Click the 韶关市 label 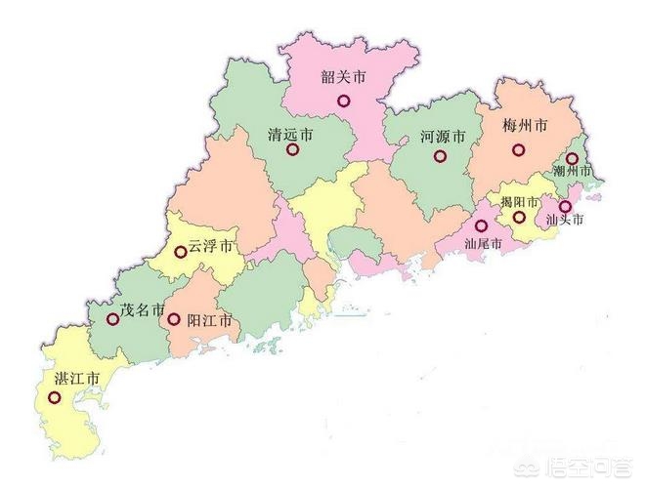coord(343,76)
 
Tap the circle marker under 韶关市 coord(343,100)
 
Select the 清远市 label coord(290,137)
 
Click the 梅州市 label coord(525,127)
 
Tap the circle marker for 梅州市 coord(518,150)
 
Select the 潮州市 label coord(573,171)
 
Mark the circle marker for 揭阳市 coord(519,217)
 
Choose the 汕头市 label coord(564,221)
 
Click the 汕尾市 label coord(483,243)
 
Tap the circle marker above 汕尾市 coord(481,225)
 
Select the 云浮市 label coord(211,244)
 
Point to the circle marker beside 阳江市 coord(174,319)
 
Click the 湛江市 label coord(77,378)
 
